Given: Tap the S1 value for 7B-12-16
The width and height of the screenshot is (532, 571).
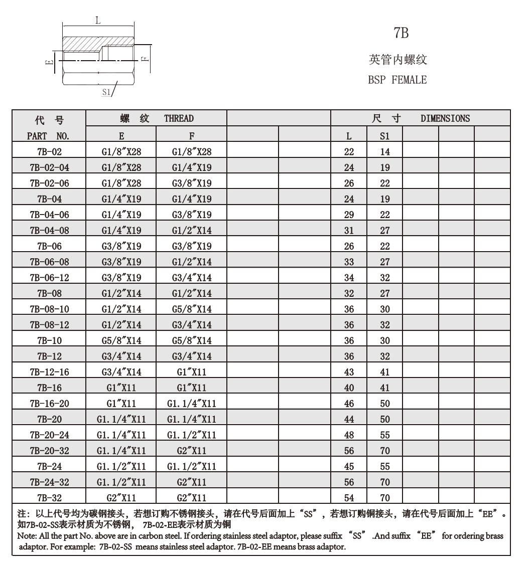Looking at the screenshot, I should click(x=385, y=372).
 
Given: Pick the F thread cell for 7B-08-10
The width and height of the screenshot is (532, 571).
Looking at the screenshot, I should click(x=191, y=309).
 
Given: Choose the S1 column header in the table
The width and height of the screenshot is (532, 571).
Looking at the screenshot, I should click(x=385, y=136).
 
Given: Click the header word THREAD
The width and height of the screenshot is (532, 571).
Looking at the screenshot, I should click(x=178, y=118).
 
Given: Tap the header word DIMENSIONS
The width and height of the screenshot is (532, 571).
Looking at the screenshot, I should click(x=446, y=118).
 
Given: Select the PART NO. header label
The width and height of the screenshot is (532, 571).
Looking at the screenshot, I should click(x=49, y=136).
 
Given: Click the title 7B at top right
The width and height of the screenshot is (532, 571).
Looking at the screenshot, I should click(x=401, y=34).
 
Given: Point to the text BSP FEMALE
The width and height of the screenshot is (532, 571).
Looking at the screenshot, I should click(x=397, y=80).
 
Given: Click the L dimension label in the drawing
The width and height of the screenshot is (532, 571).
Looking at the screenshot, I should click(x=98, y=21).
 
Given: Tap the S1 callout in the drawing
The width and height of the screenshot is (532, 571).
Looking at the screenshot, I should click(x=106, y=92).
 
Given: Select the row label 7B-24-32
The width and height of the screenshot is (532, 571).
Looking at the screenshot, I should click(x=49, y=482).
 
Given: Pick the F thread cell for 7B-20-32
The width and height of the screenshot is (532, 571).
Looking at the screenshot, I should click(x=191, y=451).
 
